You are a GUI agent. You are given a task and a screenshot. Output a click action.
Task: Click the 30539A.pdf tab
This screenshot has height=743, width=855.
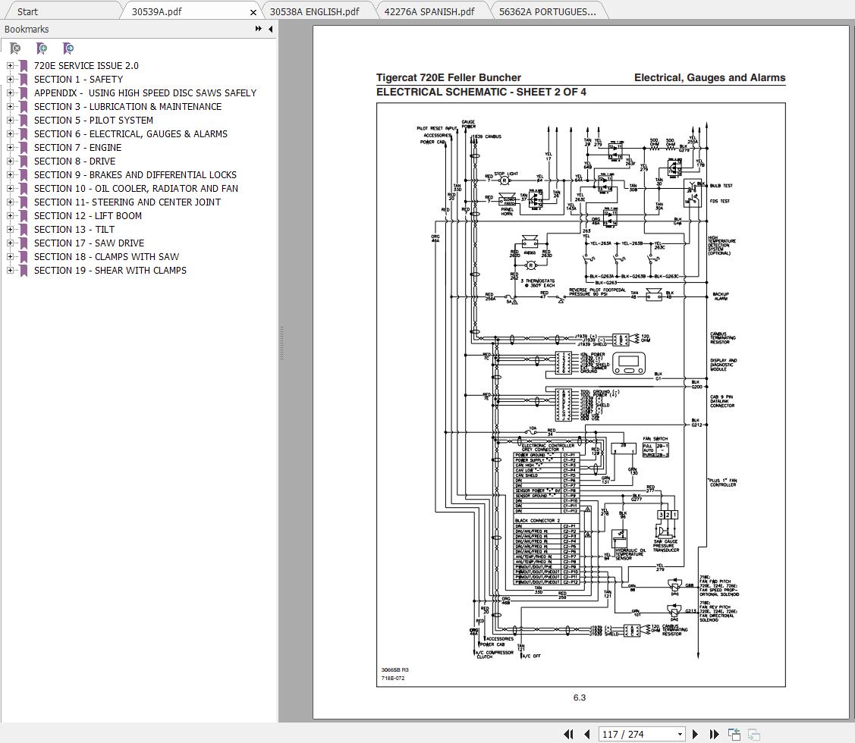tap(156, 11)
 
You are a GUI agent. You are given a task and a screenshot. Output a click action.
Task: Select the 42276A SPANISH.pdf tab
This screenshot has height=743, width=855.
tap(429, 11)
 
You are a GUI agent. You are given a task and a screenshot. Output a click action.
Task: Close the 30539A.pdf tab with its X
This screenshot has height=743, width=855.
tap(253, 12)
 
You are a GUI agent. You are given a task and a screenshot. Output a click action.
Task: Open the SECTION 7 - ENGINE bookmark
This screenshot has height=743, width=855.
tap(77, 148)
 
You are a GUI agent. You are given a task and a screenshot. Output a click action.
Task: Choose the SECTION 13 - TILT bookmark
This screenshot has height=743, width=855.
tap(74, 230)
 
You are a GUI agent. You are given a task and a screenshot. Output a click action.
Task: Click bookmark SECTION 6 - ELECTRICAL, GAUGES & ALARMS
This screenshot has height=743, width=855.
tap(130, 134)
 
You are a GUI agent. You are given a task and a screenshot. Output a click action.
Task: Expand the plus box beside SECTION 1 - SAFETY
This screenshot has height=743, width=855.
tap(11, 80)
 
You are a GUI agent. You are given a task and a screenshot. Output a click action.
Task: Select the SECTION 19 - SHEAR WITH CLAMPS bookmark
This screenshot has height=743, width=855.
tap(110, 271)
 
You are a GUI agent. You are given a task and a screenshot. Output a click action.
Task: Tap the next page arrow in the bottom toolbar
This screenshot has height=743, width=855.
tap(696, 734)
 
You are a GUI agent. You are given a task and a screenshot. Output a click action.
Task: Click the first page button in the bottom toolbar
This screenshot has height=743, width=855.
tap(567, 734)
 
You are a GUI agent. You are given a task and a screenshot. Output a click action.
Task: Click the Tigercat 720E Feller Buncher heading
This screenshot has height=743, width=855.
tap(448, 77)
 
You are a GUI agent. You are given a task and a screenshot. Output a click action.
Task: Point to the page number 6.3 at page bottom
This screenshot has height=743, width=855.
tap(580, 698)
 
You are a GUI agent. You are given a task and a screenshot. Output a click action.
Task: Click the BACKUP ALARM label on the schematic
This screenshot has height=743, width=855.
tap(720, 296)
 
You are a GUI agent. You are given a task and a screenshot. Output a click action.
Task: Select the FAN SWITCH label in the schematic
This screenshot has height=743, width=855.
tap(655, 438)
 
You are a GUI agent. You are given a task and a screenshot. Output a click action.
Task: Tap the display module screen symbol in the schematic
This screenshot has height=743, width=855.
tap(627, 363)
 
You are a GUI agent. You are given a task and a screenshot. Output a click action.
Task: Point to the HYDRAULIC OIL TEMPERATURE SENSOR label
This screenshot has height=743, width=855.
tap(629, 554)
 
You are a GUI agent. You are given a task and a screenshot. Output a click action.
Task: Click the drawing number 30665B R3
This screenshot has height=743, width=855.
tap(394, 669)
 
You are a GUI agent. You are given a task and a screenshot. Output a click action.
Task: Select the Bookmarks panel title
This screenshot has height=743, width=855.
tap(27, 30)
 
